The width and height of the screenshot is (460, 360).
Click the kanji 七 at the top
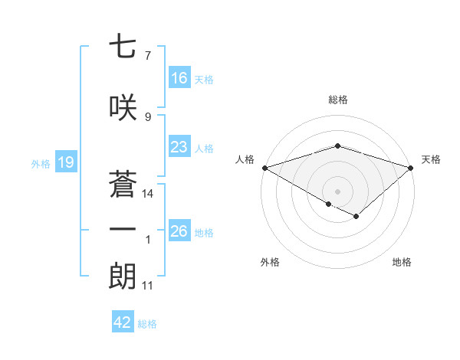[123, 47]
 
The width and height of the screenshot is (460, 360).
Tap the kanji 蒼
[123, 182]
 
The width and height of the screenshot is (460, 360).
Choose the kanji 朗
[123, 275]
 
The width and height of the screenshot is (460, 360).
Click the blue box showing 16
[179, 78]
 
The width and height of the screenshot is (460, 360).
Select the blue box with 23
[179, 148]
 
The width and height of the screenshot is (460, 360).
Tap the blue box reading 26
[179, 232]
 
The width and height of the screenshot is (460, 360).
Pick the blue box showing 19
[65, 162]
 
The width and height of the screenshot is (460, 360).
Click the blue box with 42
[123, 322]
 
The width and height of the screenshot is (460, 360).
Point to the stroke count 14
[148, 194]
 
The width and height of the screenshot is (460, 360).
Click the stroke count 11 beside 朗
[147, 286]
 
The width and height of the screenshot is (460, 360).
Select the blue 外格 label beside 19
[41, 163]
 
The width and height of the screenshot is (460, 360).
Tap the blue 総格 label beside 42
[148, 323]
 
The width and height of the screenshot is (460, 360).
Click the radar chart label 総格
[337, 100]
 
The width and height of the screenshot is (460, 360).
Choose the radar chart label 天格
[431, 159]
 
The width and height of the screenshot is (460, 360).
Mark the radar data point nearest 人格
[264, 167]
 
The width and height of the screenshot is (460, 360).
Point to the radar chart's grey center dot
[337, 190]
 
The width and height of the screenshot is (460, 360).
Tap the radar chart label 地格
[402, 262]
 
